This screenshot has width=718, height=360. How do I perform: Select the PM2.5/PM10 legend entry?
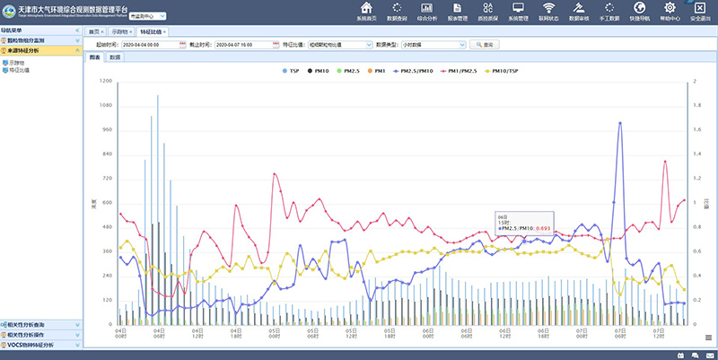(416, 69)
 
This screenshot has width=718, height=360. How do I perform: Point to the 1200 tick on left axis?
(107, 81)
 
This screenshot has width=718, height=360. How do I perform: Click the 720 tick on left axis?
(108, 179)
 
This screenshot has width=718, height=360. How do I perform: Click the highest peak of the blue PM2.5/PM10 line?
(620, 123)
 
